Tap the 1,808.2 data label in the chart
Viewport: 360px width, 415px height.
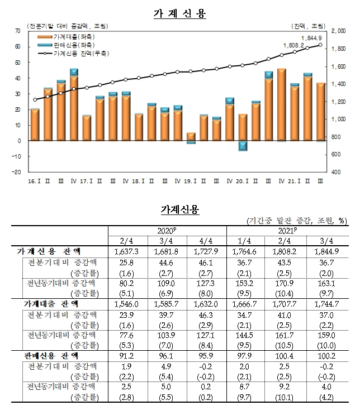[293, 45]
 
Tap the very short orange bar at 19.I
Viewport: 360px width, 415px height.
[191, 137]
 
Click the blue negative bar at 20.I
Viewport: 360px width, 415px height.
[243, 146]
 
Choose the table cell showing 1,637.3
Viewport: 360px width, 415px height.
[129, 252]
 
